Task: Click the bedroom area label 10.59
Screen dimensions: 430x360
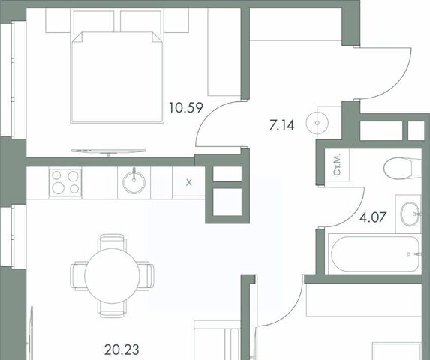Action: [186, 108]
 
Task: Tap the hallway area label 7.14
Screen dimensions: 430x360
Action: [281, 125]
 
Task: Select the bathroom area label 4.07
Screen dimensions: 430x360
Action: [373, 217]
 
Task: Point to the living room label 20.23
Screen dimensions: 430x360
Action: [122, 349]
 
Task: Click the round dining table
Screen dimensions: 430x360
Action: [112, 276]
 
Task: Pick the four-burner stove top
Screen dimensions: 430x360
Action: [65, 183]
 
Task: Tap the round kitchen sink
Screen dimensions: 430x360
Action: [134, 182]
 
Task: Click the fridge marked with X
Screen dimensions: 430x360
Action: [188, 183]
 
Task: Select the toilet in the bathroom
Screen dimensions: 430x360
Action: [402, 168]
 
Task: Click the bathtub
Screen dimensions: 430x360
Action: [375, 253]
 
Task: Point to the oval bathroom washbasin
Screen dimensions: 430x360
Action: [410, 214]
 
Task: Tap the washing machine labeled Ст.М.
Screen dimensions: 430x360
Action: [337, 165]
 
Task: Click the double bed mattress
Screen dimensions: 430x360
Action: [117, 77]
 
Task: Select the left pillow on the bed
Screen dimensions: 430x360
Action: [94, 22]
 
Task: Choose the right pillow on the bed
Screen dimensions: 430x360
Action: [140, 22]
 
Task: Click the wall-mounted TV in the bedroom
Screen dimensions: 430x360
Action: [108, 151]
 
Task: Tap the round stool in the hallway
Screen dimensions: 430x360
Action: [317, 123]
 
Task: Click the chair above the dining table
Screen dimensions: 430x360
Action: [112, 241]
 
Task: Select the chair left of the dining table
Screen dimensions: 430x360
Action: [79, 275]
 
